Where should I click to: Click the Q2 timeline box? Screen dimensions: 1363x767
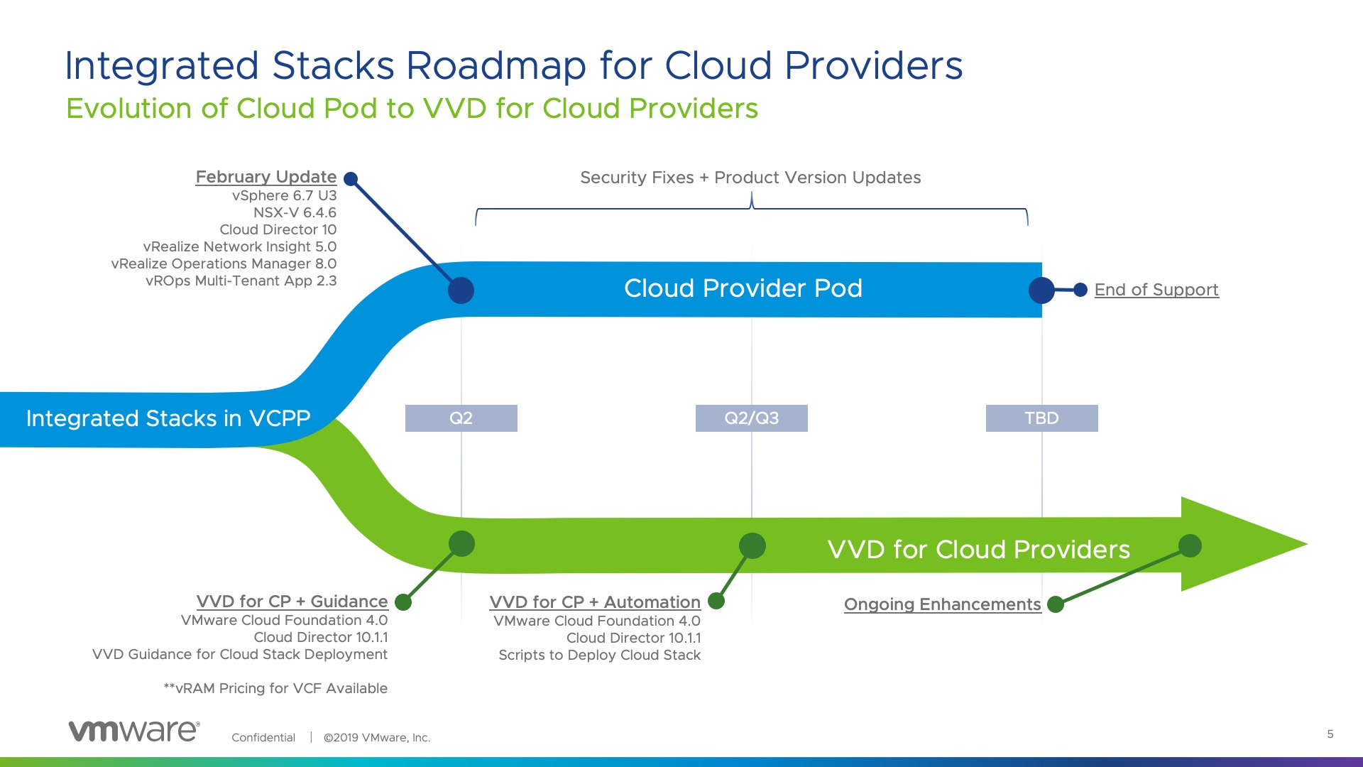pos(461,418)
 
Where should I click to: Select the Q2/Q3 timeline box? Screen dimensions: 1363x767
pos(752,418)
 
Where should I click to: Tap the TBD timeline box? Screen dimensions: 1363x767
pos(1042,418)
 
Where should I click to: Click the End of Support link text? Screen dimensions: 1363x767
pos(1156,290)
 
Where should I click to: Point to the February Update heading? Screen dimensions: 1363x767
pos(266,177)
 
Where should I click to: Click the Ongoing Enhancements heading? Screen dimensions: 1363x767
pos(943,604)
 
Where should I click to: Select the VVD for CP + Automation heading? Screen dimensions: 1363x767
pos(595,602)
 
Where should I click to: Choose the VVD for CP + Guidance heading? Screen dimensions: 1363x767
pos(292,602)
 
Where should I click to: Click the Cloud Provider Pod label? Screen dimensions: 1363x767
pos(743,288)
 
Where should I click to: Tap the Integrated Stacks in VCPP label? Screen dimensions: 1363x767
pos(168,418)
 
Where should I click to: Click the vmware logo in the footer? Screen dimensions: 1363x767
pos(134,731)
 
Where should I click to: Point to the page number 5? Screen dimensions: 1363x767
pos(1330,734)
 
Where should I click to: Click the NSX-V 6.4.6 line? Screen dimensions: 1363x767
pos(295,212)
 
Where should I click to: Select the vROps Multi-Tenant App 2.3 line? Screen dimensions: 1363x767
pos(241,281)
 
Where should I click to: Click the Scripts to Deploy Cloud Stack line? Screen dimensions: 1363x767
pos(599,655)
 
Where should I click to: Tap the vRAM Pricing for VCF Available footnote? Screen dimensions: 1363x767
pos(275,688)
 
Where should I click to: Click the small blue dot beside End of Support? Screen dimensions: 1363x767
pos(1080,290)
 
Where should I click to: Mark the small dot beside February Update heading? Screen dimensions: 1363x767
pos(351,179)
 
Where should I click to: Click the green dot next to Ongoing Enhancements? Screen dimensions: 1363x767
pos(1056,604)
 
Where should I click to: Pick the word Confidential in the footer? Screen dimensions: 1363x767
pos(263,737)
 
